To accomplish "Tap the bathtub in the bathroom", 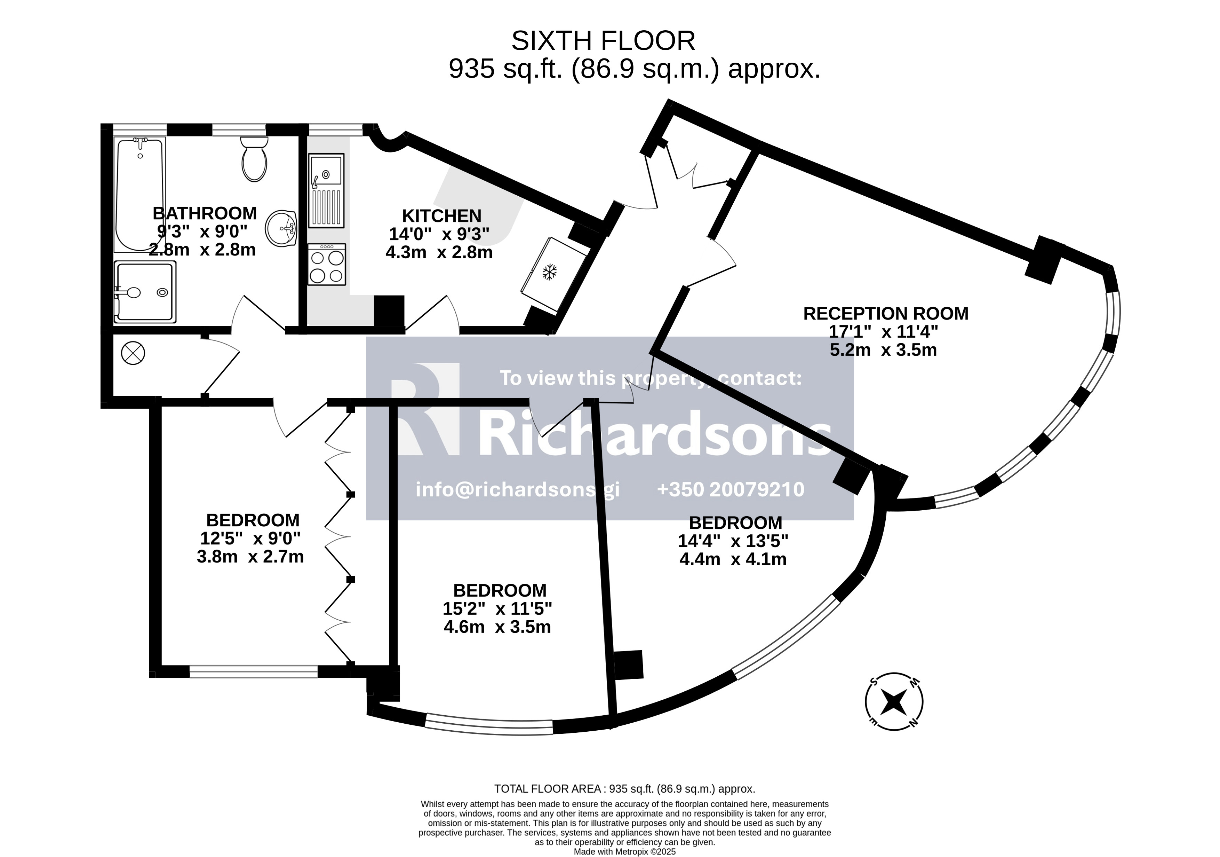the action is tap(140, 194).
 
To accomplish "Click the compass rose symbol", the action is tap(894, 702).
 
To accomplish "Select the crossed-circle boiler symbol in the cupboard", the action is tap(133, 353).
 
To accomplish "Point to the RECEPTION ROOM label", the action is tap(886, 314).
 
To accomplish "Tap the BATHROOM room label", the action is tap(205, 213).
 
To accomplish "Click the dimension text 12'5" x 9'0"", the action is tap(250, 538).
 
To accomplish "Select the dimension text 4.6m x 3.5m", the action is tap(497, 627).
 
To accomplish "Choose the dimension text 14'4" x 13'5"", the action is tap(733, 541).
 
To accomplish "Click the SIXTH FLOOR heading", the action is tap(603, 41).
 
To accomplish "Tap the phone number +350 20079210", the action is tap(731, 489).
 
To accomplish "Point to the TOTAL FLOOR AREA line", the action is tap(625, 789).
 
